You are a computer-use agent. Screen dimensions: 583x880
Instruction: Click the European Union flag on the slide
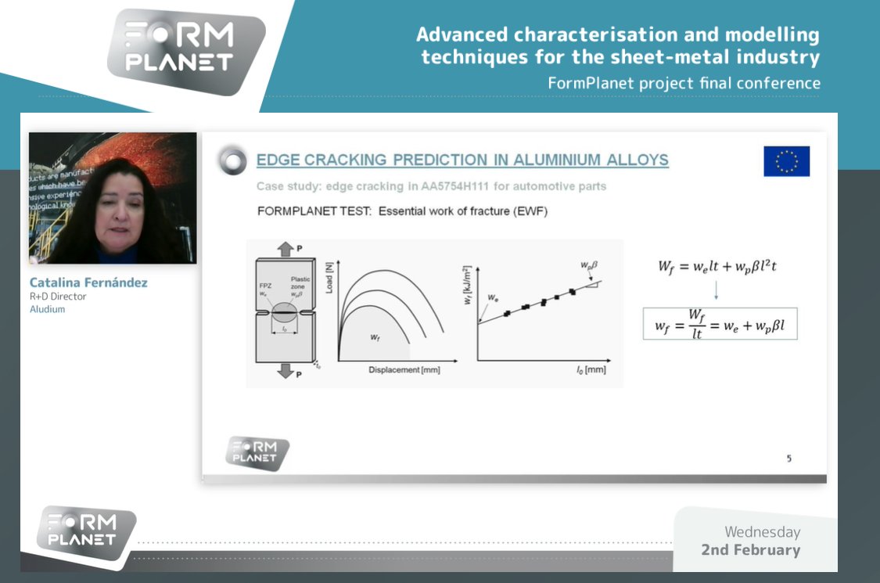pyautogui.click(x=786, y=161)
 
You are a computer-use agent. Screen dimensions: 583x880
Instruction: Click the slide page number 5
pyautogui.click(x=788, y=459)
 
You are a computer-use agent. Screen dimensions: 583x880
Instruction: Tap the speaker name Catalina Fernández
pyautogui.click(x=88, y=283)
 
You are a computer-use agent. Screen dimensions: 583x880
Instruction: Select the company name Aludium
pyautogui.click(x=47, y=309)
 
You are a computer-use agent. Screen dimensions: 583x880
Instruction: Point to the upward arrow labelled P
pyautogui.click(x=283, y=250)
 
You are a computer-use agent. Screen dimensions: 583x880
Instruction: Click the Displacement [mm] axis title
pyautogui.click(x=404, y=370)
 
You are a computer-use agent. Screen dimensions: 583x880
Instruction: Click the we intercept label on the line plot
pyautogui.click(x=492, y=298)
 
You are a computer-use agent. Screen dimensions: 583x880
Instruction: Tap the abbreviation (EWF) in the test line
pyautogui.click(x=532, y=212)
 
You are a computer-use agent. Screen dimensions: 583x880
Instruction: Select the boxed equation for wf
pyautogui.click(x=720, y=323)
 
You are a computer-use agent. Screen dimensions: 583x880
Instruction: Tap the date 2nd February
pyautogui.click(x=750, y=550)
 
